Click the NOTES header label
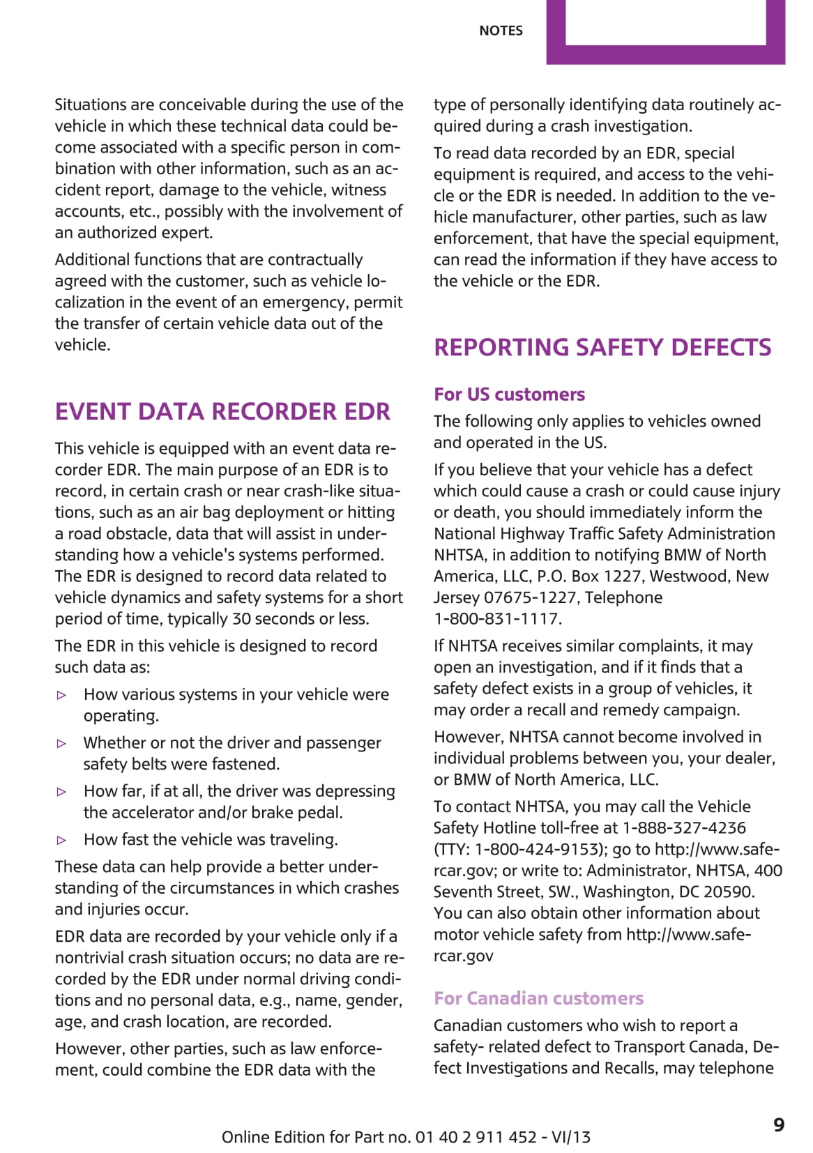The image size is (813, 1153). click(x=501, y=31)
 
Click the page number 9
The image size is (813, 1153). click(x=779, y=1125)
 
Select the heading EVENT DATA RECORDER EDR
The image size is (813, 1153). click(x=222, y=411)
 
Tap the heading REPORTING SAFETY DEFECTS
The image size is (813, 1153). click(x=602, y=347)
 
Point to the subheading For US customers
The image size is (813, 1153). click(x=509, y=395)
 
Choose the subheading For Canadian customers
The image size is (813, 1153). click(x=538, y=998)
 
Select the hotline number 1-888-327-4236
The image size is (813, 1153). click(x=683, y=828)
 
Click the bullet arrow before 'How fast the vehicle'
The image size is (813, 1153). click(x=62, y=841)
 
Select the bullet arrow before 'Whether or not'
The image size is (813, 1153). click(x=62, y=744)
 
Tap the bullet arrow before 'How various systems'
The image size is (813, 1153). click(x=62, y=695)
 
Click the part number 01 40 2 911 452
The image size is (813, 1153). click(x=476, y=1138)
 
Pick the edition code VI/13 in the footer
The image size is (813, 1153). click(x=570, y=1138)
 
